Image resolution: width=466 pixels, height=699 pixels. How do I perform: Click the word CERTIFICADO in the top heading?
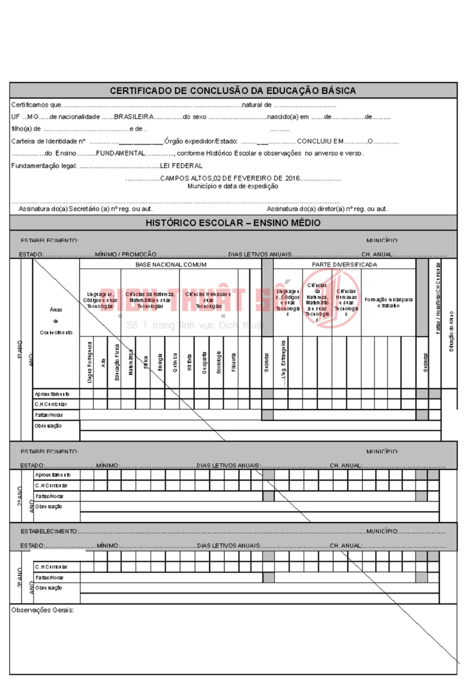coord(139,90)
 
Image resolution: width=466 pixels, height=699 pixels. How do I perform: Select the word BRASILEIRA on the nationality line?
coord(133,117)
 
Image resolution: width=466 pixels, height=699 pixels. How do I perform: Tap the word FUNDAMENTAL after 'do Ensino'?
coord(121,153)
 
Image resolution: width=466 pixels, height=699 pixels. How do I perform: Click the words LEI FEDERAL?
coord(181,166)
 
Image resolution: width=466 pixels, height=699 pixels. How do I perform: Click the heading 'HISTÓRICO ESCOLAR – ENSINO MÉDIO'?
coord(233,223)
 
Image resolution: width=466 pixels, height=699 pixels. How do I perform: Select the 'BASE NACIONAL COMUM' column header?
coord(171,264)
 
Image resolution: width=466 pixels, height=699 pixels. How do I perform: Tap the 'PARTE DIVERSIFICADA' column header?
coord(344,264)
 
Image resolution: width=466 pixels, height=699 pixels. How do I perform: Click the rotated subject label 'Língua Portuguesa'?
coord(90,362)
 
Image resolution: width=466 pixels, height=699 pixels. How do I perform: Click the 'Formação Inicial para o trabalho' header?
coord(389,302)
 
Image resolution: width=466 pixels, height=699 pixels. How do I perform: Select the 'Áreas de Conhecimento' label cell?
coord(56,321)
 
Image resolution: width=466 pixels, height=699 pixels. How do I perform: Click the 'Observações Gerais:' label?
coord(43,610)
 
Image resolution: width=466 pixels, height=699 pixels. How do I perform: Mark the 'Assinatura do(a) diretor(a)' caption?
coord(327,209)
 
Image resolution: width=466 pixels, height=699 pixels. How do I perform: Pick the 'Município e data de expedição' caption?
coord(232,186)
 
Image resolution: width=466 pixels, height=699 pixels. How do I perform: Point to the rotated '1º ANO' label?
coord(20,348)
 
